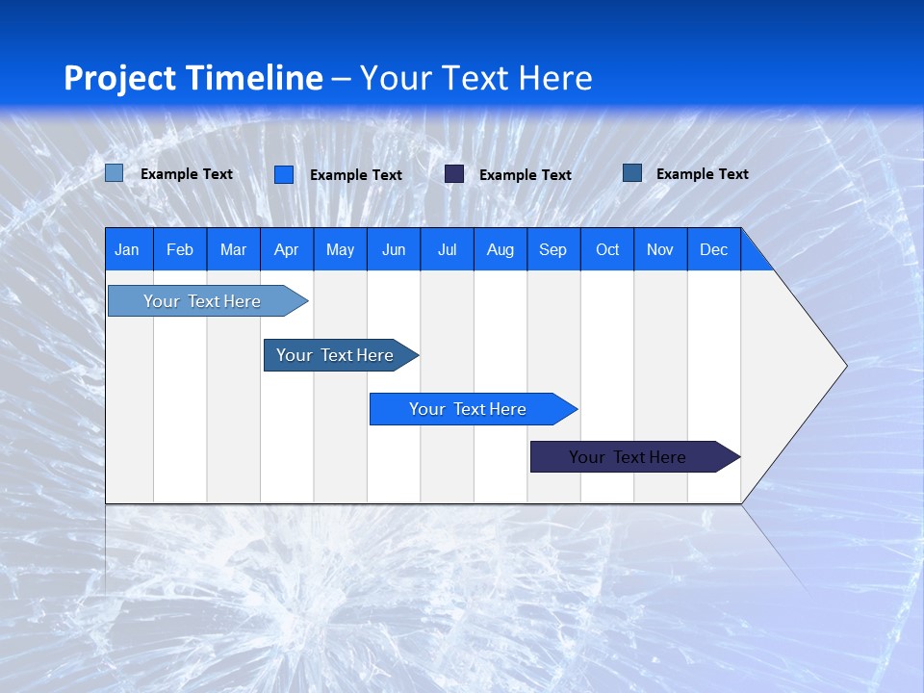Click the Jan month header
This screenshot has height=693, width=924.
(127, 249)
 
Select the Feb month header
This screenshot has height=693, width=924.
(180, 249)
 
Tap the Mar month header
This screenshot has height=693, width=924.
(233, 249)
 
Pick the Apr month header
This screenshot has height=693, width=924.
(286, 249)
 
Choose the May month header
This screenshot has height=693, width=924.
(340, 249)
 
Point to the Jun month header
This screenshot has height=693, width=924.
(394, 249)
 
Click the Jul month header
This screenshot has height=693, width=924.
(447, 249)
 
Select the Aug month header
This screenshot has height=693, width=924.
(500, 249)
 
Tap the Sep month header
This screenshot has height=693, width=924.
(552, 249)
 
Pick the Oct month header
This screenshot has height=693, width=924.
(607, 249)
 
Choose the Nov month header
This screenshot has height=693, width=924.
(660, 249)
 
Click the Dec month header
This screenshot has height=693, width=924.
(713, 249)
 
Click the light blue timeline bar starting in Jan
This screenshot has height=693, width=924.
(203, 301)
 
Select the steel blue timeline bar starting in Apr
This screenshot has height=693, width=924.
(336, 355)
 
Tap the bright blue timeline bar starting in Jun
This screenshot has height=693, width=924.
(469, 409)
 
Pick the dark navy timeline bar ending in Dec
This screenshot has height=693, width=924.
(629, 457)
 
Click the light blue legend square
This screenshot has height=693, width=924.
(115, 173)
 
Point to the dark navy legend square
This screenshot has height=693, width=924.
(454, 174)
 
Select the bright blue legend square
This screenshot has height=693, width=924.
(284, 174)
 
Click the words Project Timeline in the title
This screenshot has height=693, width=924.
(193, 78)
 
